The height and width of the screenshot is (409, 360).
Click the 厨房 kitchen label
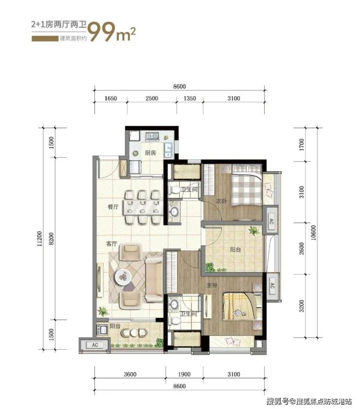[x=150, y=153]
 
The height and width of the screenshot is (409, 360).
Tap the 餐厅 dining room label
[x=113, y=207]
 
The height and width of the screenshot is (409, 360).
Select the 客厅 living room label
[x=111, y=243]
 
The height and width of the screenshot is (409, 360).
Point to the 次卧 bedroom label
[x=221, y=201]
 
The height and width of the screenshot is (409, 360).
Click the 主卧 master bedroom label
[x=212, y=285]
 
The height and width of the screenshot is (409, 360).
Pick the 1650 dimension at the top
[x=110, y=98]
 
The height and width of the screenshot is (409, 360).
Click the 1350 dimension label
[x=190, y=98]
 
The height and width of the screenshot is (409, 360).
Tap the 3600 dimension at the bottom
[x=130, y=374]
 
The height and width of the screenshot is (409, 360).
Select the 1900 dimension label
[x=184, y=374]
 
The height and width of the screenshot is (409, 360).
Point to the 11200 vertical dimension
[x=39, y=239]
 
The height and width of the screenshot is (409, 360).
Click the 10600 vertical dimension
[x=313, y=233]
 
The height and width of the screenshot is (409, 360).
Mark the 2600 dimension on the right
[x=302, y=249]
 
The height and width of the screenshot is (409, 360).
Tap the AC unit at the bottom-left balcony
[x=95, y=345]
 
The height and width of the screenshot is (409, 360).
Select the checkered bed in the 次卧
[x=247, y=184]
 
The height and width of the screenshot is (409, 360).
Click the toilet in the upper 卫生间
[x=174, y=190]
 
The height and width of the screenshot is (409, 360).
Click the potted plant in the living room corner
[x=103, y=311]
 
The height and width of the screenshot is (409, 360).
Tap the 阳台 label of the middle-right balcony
[x=235, y=250]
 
